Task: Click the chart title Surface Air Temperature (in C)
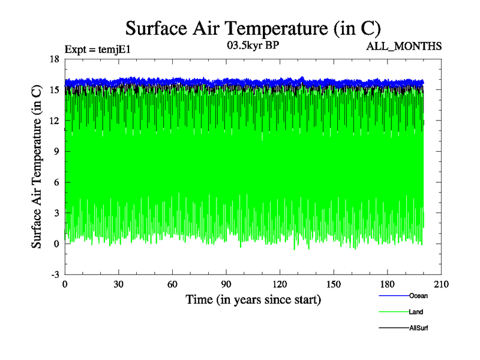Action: (253, 28)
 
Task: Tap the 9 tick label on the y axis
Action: (56, 151)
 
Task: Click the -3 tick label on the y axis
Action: (54, 274)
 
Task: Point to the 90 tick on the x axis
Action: (226, 284)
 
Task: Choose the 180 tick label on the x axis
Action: (388, 284)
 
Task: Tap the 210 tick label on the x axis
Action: (442, 284)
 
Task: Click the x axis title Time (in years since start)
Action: (253, 299)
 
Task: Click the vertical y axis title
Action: (37, 167)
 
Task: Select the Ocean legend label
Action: (418, 296)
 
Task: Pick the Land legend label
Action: (416, 312)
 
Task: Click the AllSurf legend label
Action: (419, 328)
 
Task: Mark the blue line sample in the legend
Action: (394, 296)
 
